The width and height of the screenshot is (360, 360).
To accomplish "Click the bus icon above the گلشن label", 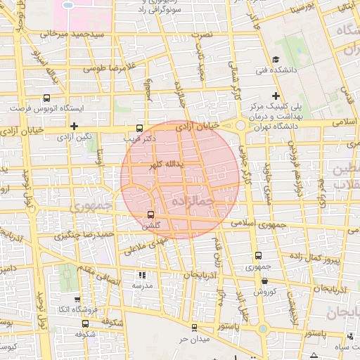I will pyautogui.click(x=150, y=215).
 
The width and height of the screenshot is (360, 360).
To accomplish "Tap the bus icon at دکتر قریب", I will pyautogui.click(x=139, y=129).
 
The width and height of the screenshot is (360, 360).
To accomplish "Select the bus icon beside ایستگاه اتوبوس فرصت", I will pyautogui.click(x=46, y=98).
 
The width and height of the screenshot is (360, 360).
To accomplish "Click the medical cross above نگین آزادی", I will pyautogui.click(x=73, y=125).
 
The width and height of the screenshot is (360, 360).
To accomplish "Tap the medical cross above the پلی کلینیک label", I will pyautogui.click(x=276, y=96).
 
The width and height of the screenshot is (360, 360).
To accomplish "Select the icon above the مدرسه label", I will pyautogui.click(x=142, y=276).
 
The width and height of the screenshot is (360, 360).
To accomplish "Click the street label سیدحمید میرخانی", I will pyautogui.click(x=72, y=34).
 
